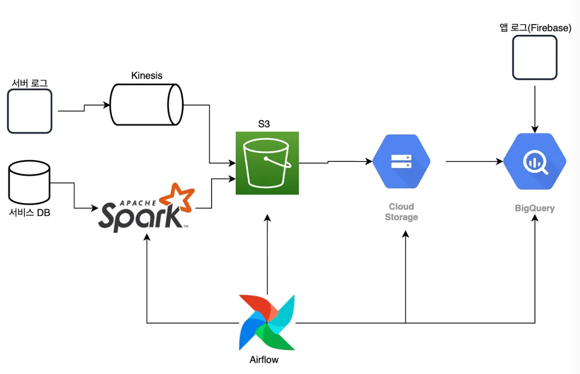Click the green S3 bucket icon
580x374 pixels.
pyautogui.click(x=267, y=163)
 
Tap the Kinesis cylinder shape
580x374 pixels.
pyautogui.click(x=146, y=105)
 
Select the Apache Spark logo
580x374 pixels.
pyautogui.click(x=146, y=210)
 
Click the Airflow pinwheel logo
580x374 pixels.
pyautogui.click(x=267, y=322)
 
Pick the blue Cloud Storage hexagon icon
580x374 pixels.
pyautogui.click(x=401, y=162)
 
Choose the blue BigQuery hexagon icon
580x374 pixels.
pyautogui.click(x=535, y=162)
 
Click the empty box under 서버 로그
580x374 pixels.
pyautogui.click(x=30, y=111)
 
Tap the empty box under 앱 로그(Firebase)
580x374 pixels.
pyautogui.click(x=535, y=58)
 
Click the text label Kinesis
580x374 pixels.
pyautogui.click(x=147, y=75)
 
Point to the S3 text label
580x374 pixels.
pyautogui.click(x=264, y=124)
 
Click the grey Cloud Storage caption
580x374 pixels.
pyautogui.click(x=401, y=212)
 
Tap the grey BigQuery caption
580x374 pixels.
pyautogui.click(x=535, y=208)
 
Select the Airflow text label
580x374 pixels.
pyautogui.click(x=264, y=359)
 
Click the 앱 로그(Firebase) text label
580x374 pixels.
pyautogui.click(x=535, y=28)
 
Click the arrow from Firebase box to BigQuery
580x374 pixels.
pyautogui.click(x=535, y=108)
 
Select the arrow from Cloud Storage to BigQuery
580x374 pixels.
pyautogui.click(x=475, y=162)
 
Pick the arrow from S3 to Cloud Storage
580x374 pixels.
pyautogui.click(x=335, y=162)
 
